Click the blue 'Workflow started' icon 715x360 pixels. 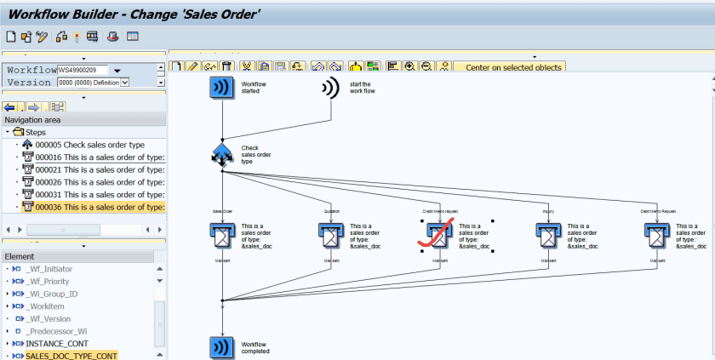[222, 88]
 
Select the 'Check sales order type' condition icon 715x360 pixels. [222, 154]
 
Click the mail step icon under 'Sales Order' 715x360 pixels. [222, 234]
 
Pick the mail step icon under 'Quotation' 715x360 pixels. [331, 234]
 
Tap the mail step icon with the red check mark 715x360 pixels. [440, 234]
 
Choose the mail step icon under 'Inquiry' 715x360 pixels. [549, 234]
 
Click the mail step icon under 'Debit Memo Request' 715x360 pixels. [657, 234]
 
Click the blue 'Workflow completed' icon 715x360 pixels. [222, 346]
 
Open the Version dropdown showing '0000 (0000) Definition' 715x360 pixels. [125, 83]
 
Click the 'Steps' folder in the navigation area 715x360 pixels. [35, 132]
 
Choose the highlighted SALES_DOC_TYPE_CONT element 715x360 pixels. [71, 356]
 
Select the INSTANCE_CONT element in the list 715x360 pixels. [57, 343]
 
